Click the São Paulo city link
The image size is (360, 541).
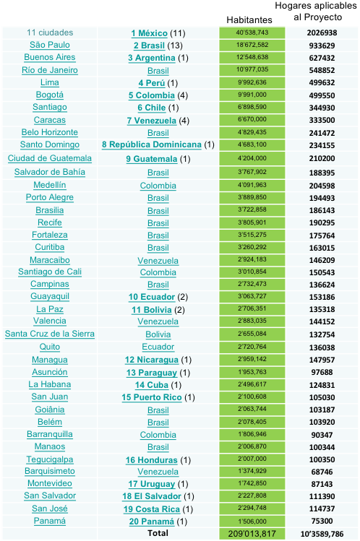coord(50,46)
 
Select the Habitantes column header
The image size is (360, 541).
coord(249,20)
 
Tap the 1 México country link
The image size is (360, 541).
coord(150,33)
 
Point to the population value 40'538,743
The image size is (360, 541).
coord(252,33)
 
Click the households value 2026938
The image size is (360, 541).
coord(322,33)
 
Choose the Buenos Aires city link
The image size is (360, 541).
coord(50,57)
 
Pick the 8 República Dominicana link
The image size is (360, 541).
coord(152,144)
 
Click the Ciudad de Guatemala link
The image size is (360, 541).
coord(50,158)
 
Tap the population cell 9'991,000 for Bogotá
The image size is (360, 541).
coord(252,95)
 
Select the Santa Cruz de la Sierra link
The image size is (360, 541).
coord(50,334)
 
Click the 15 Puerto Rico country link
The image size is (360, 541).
coord(152,397)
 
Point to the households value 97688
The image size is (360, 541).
coord(322,372)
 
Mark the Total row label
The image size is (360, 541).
coord(158,533)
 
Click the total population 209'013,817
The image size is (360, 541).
coord(252,533)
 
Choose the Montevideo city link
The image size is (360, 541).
coord(50,483)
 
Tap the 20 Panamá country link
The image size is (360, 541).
coord(152,521)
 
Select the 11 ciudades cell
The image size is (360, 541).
coord(50,33)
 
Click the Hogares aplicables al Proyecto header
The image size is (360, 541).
coord(316,12)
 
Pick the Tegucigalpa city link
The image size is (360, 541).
coord(50,459)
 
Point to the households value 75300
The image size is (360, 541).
coord(322,521)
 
